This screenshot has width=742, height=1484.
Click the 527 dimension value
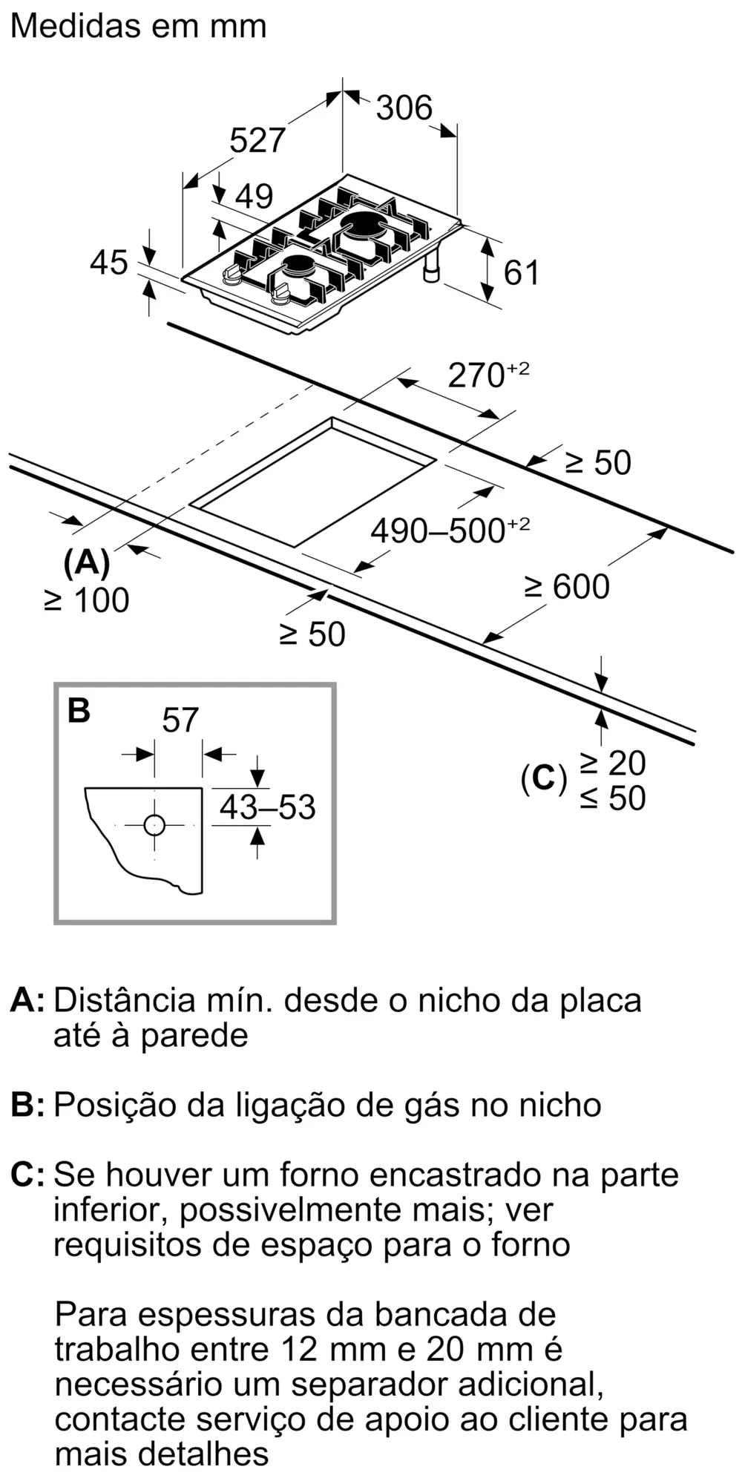click(257, 139)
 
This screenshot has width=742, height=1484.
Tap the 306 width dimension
click(404, 108)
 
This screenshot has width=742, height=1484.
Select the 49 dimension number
click(254, 196)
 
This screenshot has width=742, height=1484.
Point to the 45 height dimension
click(109, 263)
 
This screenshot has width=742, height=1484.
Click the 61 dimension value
click(521, 272)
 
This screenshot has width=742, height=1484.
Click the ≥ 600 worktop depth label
click(567, 586)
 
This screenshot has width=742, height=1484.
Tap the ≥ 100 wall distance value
click(87, 600)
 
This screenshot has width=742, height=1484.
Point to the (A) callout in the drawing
click(87, 563)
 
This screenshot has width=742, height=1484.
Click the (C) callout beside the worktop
click(543, 778)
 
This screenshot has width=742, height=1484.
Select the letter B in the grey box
click(79, 710)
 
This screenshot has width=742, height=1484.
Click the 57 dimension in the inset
click(180, 720)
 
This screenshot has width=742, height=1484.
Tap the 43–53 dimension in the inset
click(267, 807)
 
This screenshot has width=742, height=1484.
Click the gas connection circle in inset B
click(154, 825)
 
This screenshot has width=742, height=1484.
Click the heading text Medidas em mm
click(138, 26)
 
